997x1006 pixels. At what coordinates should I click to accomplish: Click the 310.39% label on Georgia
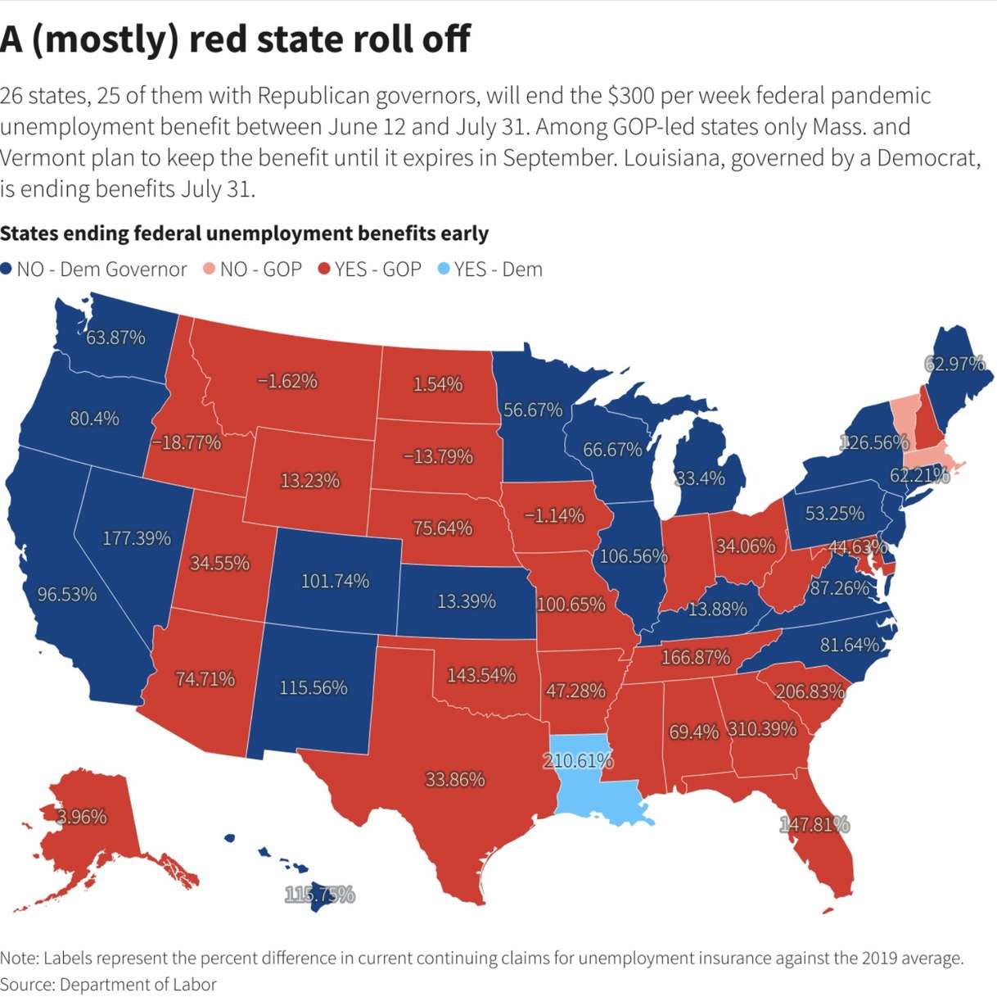pyautogui.click(x=762, y=728)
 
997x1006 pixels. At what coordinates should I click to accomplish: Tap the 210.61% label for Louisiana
pyautogui.click(x=578, y=760)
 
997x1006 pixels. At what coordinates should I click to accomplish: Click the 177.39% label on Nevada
pyautogui.click(x=137, y=538)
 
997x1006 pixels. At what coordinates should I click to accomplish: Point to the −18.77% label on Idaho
pyautogui.click(x=186, y=442)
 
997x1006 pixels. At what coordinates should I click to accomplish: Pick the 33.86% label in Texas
pyautogui.click(x=455, y=779)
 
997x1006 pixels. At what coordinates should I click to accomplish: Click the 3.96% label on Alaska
pyautogui.click(x=82, y=817)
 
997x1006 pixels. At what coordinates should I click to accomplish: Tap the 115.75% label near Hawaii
pyautogui.click(x=319, y=895)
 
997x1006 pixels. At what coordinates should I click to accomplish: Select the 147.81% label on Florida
pyautogui.click(x=814, y=824)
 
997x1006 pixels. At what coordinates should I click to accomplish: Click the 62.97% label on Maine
pyautogui.click(x=954, y=364)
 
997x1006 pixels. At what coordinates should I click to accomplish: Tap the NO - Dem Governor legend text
pyautogui.click(x=102, y=270)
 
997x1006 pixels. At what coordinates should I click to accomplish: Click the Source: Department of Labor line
pyautogui.click(x=108, y=985)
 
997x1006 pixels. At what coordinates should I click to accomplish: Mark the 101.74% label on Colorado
pyautogui.click(x=335, y=581)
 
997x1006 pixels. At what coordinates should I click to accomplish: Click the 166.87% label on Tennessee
pyautogui.click(x=695, y=657)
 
